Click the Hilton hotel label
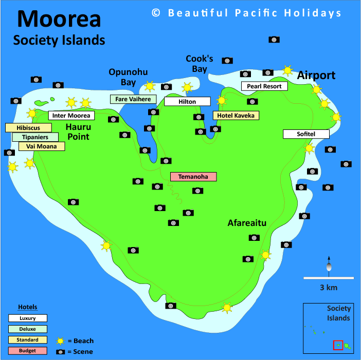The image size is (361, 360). click(x=187, y=102)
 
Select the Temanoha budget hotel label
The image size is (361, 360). click(x=193, y=177)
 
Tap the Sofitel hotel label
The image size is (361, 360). click(x=306, y=134)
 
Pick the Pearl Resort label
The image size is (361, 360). click(x=264, y=86)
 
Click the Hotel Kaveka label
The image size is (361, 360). click(x=236, y=116)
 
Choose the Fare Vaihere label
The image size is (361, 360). click(x=133, y=99)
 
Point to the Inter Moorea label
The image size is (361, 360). click(x=71, y=116)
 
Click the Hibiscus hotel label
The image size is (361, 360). click(x=28, y=128)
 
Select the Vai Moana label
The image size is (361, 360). click(x=42, y=146)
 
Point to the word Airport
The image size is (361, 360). click(x=316, y=75)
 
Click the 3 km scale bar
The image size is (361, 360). click(x=328, y=278)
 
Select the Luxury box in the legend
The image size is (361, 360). click(x=28, y=318)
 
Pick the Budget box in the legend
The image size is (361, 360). click(x=28, y=351)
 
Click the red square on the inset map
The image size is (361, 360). click(x=338, y=345)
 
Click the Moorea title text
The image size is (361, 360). click(x=59, y=19)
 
